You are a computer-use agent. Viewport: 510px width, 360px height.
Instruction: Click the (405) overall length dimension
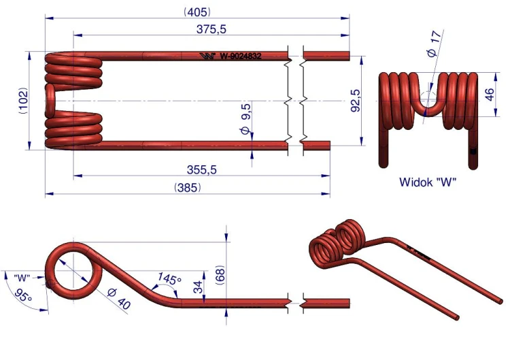pos(197,12)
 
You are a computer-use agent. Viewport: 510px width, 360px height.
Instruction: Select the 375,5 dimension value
pos(211,29)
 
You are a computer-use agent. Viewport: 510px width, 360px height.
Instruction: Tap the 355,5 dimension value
pos(202,169)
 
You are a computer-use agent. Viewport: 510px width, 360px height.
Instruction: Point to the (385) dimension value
pos(188,188)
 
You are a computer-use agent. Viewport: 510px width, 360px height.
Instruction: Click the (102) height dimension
pos(23,101)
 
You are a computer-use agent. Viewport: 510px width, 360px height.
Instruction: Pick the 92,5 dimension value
pos(356,101)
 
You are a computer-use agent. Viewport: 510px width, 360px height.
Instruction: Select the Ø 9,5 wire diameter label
pos(246,119)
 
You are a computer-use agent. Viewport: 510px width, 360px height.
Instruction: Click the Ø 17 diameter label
pos(435,44)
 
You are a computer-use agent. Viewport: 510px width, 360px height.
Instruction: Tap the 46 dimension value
pos(490,94)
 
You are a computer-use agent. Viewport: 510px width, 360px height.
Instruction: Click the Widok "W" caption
pos(428,182)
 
